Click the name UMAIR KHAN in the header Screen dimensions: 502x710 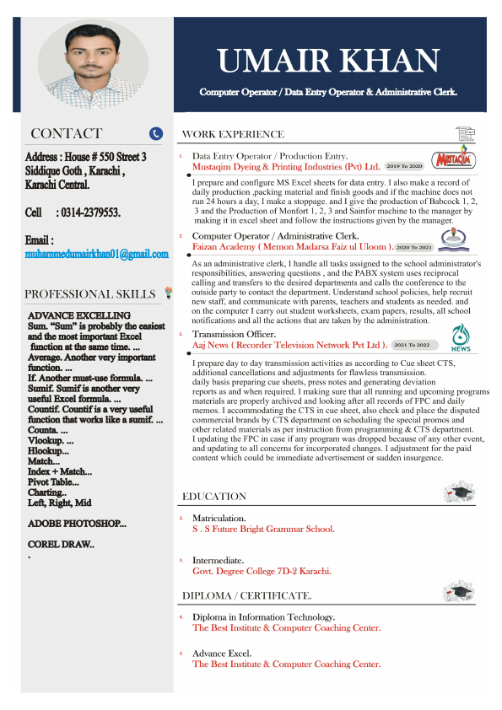(328, 61)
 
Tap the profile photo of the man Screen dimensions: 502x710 (92, 65)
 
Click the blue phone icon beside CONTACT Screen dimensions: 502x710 (155, 133)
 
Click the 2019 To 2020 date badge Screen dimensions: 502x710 (404, 167)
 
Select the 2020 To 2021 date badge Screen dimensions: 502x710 (413, 247)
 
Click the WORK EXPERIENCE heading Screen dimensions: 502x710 (233, 134)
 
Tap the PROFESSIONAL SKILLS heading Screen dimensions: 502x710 (90, 294)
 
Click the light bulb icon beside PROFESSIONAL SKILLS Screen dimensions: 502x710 (168, 293)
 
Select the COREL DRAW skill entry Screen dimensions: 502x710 (62, 545)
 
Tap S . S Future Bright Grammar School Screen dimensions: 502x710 (263, 529)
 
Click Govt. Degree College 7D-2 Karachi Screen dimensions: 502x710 (262, 571)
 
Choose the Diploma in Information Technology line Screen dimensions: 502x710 (263, 617)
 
